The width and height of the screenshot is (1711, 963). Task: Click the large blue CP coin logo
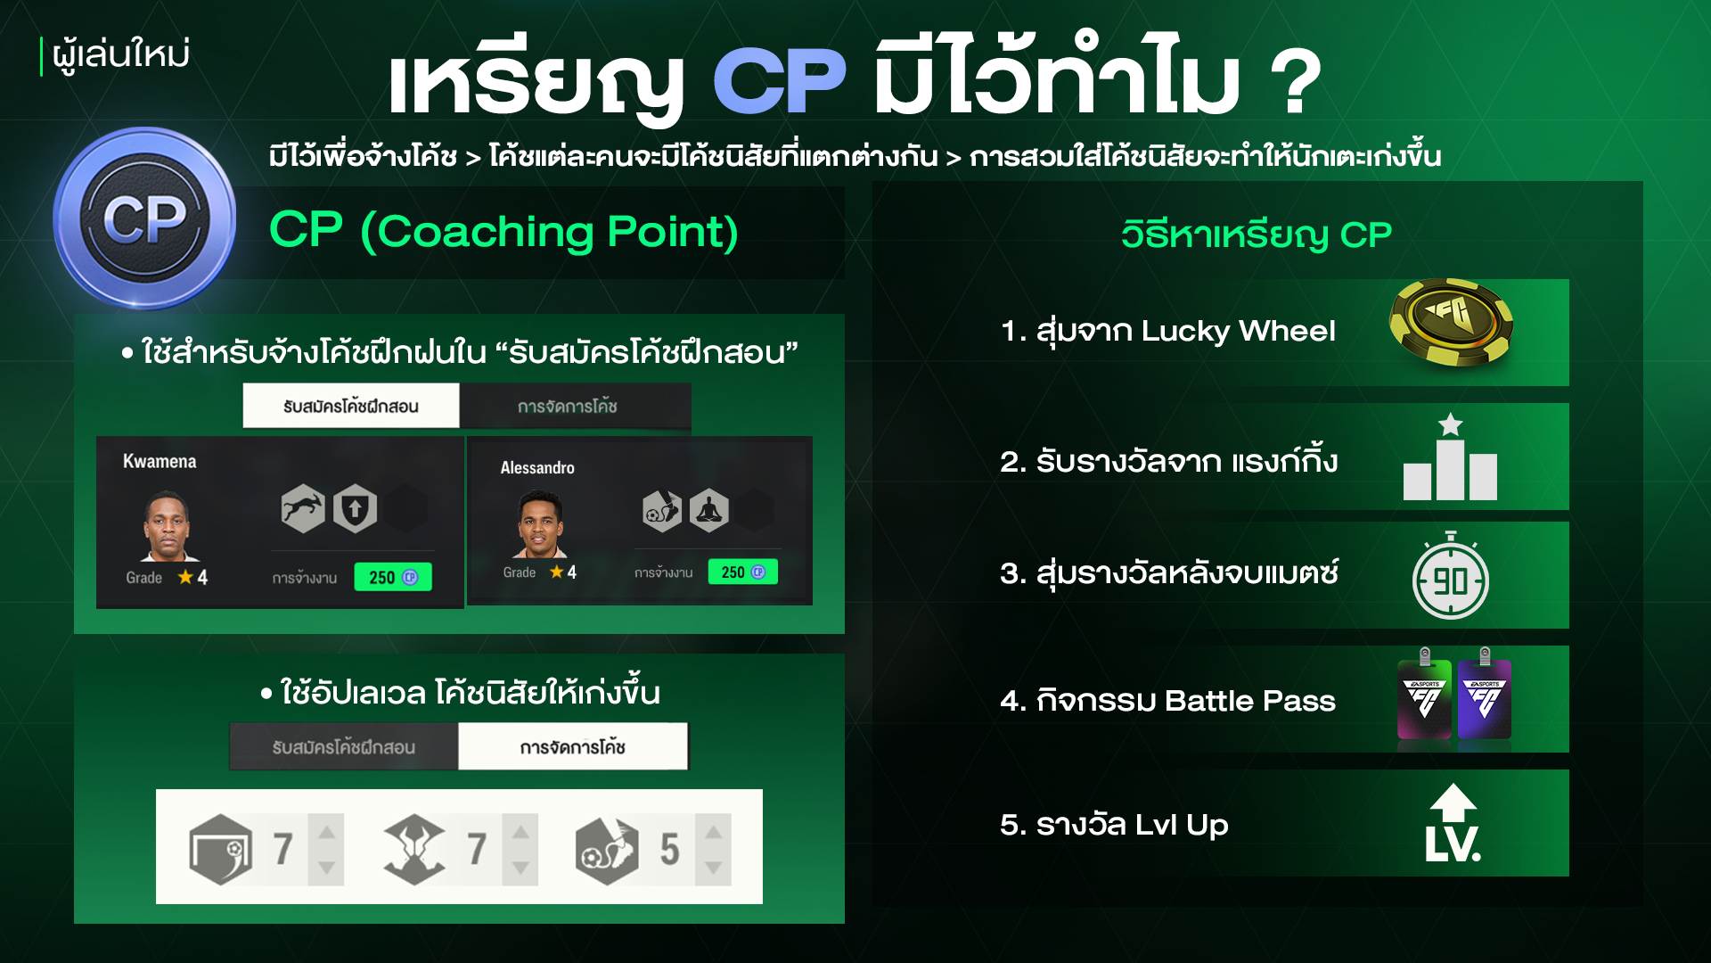[x=144, y=218]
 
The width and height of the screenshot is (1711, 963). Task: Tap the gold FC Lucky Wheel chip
[x=1451, y=323]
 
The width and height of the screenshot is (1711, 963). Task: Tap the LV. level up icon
[x=1453, y=823]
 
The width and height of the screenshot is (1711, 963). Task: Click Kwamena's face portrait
[x=167, y=526]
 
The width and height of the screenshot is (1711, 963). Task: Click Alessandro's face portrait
[x=540, y=524]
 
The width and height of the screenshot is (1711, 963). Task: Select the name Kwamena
[x=160, y=461]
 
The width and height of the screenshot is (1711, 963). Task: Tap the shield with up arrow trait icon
[x=355, y=509]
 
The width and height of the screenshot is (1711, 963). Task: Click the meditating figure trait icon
[x=709, y=511]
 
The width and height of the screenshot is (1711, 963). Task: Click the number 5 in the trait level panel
[x=669, y=850]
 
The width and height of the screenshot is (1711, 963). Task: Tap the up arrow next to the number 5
[x=714, y=833]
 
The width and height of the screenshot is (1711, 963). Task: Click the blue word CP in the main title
[x=780, y=80]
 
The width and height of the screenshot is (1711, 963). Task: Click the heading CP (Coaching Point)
[x=504, y=231]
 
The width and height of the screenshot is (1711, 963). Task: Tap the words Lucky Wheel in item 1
[x=1239, y=331]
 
